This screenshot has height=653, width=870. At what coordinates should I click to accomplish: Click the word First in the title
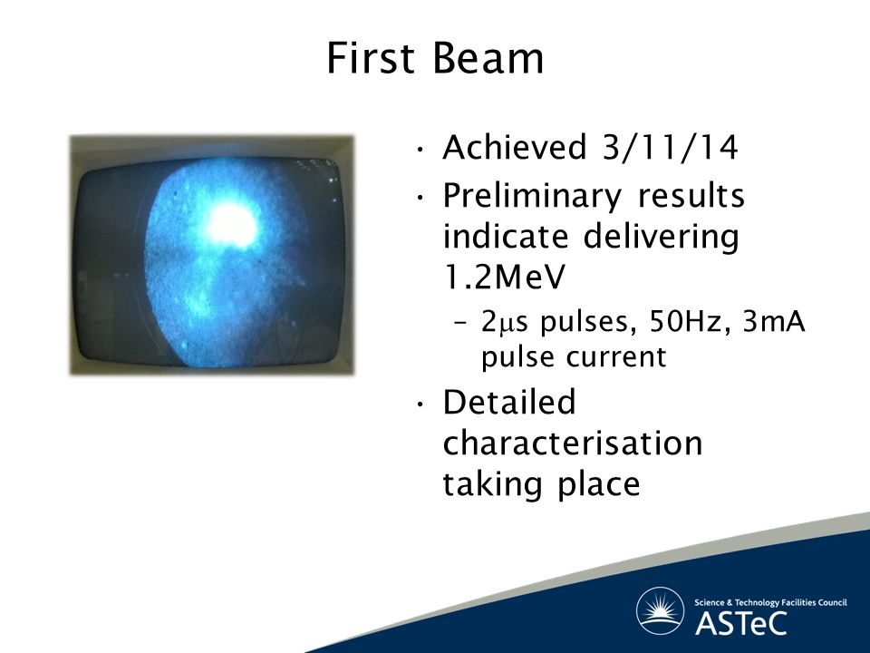click(x=370, y=58)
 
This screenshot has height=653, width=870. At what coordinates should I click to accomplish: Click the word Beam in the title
click(x=488, y=58)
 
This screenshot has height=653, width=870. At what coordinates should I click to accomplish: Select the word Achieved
click(x=515, y=147)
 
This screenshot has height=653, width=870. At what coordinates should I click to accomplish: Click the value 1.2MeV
click(x=504, y=277)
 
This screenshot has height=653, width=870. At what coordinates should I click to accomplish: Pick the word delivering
click(x=661, y=238)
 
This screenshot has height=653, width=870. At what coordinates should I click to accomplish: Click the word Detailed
click(x=509, y=402)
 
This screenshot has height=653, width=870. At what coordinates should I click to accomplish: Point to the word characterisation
click(x=573, y=443)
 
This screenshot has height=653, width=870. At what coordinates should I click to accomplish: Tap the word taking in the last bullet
click(x=491, y=484)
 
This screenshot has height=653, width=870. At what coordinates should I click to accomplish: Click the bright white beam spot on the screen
click(x=233, y=225)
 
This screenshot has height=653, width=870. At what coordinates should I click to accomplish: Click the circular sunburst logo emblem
click(x=661, y=610)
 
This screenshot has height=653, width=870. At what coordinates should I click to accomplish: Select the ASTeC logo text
click(x=740, y=623)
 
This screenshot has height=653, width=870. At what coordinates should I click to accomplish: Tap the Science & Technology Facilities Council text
click(x=770, y=602)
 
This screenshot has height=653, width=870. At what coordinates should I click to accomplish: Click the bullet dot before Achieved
click(x=421, y=150)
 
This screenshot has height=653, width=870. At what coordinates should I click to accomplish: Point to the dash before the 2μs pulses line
click(x=461, y=324)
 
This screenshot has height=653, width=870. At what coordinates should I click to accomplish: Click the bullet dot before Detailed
click(x=421, y=404)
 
